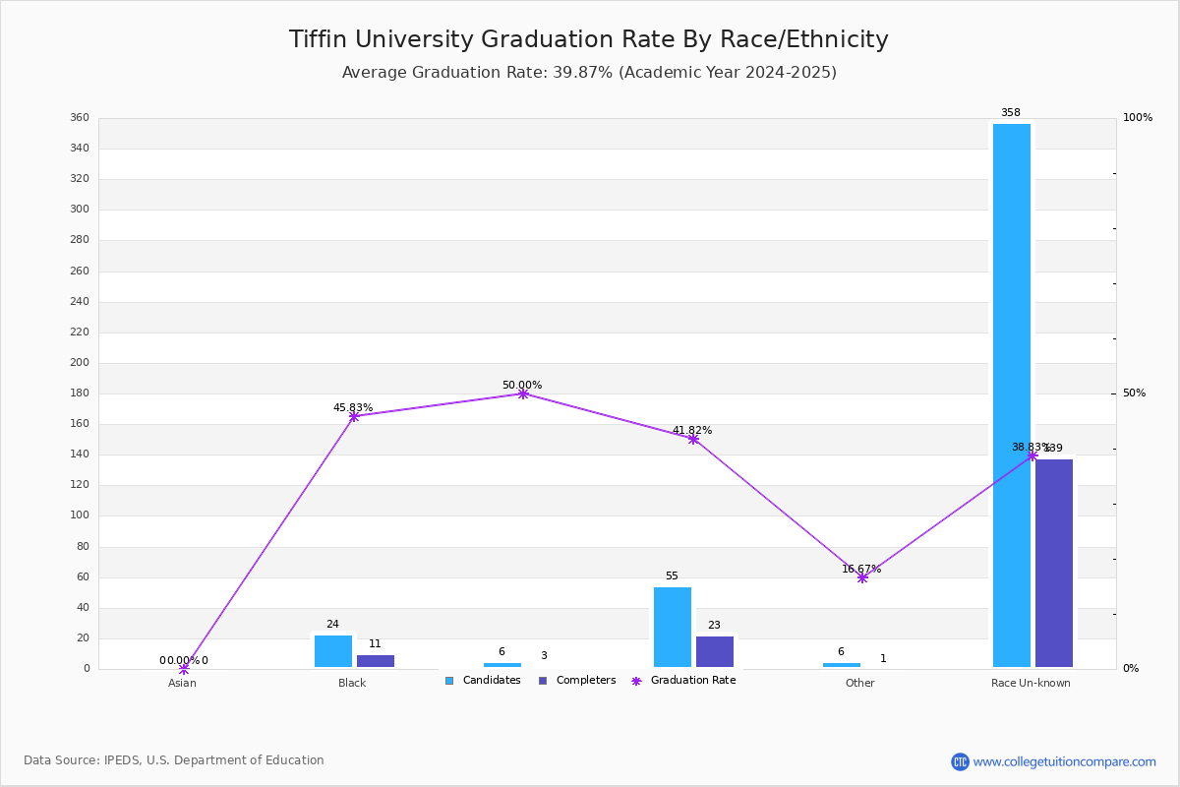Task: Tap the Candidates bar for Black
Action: (x=333, y=651)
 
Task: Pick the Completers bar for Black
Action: (x=376, y=661)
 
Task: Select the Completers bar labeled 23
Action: (x=715, y=651)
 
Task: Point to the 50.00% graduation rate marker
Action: (x=523, y=393)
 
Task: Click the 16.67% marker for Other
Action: (x=862, y=577)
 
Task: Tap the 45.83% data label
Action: (x=353, y=407)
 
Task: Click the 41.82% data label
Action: (x=692, y=430)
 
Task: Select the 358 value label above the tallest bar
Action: (x=1011, y=112)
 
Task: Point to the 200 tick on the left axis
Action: (x=80, y=362)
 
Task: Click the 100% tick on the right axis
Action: (x=1138, y=118)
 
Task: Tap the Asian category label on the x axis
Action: (x=182, y=683)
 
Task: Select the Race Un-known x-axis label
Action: (x=1031, y=683)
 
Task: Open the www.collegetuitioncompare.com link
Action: (x=1064, y=761)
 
